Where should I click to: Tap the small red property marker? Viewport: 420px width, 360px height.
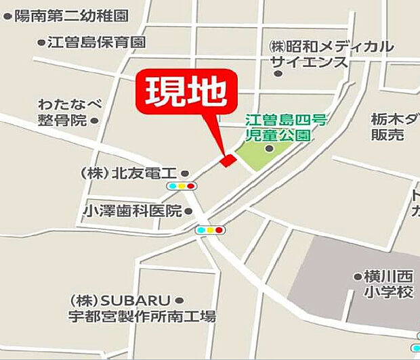(228, 160)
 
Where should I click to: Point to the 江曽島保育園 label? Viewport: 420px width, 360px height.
(96, 42)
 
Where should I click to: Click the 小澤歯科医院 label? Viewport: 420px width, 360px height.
(133, 211)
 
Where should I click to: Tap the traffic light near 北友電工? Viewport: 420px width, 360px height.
(182, 186)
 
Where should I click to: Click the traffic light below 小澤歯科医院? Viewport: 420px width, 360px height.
(210, 230)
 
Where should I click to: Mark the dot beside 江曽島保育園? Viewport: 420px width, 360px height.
(41, 42)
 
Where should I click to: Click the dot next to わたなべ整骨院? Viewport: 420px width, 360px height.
(94, 120)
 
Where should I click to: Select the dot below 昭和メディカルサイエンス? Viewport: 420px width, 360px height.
(278, 73)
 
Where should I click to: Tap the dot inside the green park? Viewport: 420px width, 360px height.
(270, 149)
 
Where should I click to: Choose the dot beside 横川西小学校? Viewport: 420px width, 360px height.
(357, 276)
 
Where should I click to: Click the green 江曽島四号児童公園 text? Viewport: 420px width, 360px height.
(285, 127)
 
